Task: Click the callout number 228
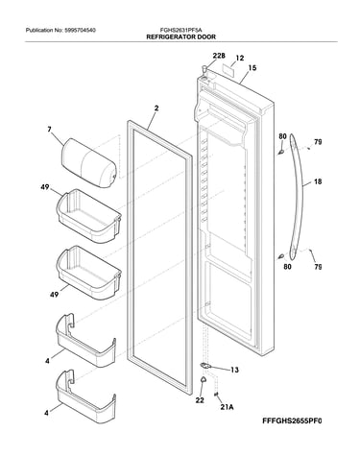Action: point(219,56)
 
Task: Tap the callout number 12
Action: point(240,58)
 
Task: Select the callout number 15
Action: point(252,68)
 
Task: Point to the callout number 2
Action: point(156,108)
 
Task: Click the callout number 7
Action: point(49,130)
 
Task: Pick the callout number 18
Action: point(318,181)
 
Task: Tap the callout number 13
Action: point(234,370)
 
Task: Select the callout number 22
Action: point(200,400)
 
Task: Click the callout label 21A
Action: point(227,407)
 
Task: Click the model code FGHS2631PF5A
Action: point(181,31)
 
